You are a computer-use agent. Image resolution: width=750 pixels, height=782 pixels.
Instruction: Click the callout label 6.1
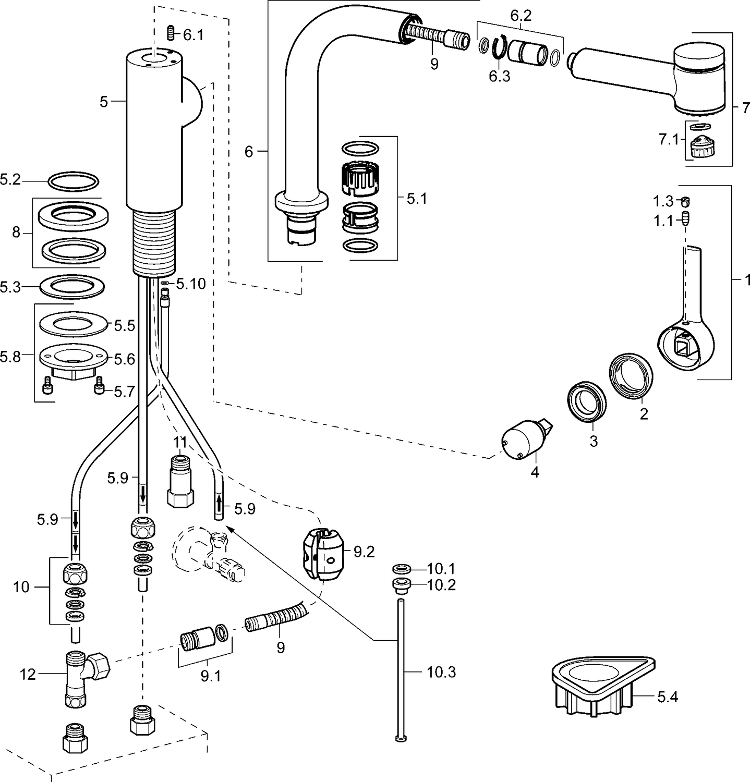[193, 35]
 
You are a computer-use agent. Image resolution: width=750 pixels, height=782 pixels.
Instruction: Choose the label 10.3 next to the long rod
[441, 672]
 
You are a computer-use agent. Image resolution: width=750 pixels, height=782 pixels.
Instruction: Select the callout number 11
[180, 442]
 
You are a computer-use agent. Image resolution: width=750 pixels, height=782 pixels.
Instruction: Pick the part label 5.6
[124, 359]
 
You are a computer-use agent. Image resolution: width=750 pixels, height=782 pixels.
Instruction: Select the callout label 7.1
[669, 139]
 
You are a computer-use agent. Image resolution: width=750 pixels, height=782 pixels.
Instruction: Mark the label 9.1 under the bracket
[210, 677]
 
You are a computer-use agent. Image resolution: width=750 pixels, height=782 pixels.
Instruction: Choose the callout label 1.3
[663, 201]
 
